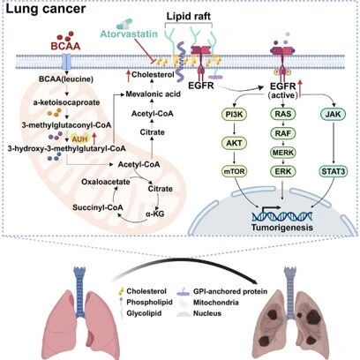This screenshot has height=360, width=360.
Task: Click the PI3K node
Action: pos(235,114)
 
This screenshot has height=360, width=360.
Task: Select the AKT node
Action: pos(235,143)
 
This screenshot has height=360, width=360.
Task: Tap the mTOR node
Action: pos(235,171)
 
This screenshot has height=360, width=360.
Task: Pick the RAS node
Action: pos(283,114)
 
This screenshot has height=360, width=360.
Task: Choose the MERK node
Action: pos(283,153)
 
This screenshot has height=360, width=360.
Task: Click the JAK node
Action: pos(333,114)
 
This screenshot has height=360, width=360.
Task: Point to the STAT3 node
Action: pos(334,171)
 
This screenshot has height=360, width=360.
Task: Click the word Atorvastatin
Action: pos(129,34)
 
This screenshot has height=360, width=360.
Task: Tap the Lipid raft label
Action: pos(189,16)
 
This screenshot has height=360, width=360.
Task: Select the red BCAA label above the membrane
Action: pos(65,46)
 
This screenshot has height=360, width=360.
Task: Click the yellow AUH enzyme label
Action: pos(80,137)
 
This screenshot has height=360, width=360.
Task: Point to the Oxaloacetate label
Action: pos(106,182)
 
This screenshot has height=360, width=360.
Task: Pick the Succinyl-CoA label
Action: pos(98,207)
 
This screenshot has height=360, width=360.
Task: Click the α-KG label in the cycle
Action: pos(155,214)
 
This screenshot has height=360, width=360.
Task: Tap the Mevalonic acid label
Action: pos(154,94)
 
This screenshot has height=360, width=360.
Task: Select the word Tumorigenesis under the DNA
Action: pos(282,228)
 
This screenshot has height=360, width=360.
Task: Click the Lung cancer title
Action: pos(46,9)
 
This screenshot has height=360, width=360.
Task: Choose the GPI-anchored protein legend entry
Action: pos(222,291)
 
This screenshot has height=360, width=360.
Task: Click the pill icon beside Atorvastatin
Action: pos(124,24)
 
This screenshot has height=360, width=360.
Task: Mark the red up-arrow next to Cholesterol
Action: pos(128,75)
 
